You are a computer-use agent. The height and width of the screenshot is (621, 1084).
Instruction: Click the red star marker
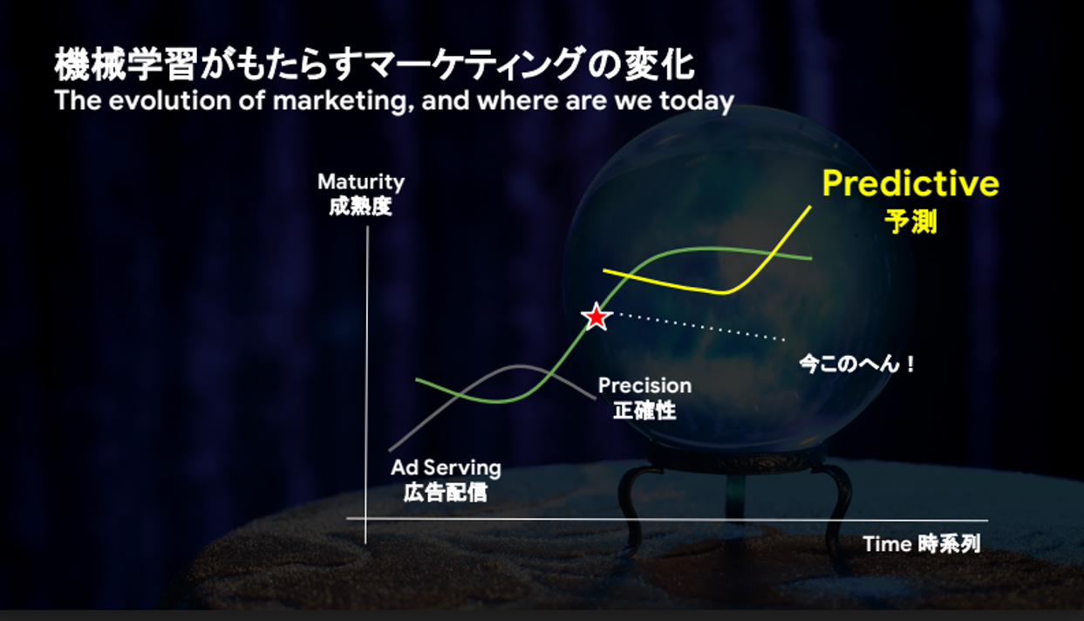coord(597,317)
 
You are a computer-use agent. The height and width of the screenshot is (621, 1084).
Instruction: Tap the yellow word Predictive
coord(910,183)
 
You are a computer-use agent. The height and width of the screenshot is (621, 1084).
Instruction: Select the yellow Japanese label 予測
coord(910,222)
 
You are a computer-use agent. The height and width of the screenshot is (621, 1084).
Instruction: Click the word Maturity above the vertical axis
coord(361,183)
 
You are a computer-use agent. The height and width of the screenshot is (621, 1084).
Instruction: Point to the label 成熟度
coord(360,207)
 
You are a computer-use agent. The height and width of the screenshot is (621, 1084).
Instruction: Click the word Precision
coord(645,386)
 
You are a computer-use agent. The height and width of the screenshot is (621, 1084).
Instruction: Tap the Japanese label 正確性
coord(644,411)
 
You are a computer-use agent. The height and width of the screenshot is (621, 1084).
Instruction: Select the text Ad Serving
coord(447,468)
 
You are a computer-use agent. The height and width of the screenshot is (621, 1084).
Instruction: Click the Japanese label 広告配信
coord(446,493)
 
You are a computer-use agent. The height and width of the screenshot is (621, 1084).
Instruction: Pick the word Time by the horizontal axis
coord(888,544)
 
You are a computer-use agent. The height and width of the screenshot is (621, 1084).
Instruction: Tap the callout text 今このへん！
coord(857,364)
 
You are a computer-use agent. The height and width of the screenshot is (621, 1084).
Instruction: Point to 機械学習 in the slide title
coord(126,65)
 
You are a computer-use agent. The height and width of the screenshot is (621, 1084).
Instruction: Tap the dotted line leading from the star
coord(699,327)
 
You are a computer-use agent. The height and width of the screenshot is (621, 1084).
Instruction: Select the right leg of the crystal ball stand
coord(837,508)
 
